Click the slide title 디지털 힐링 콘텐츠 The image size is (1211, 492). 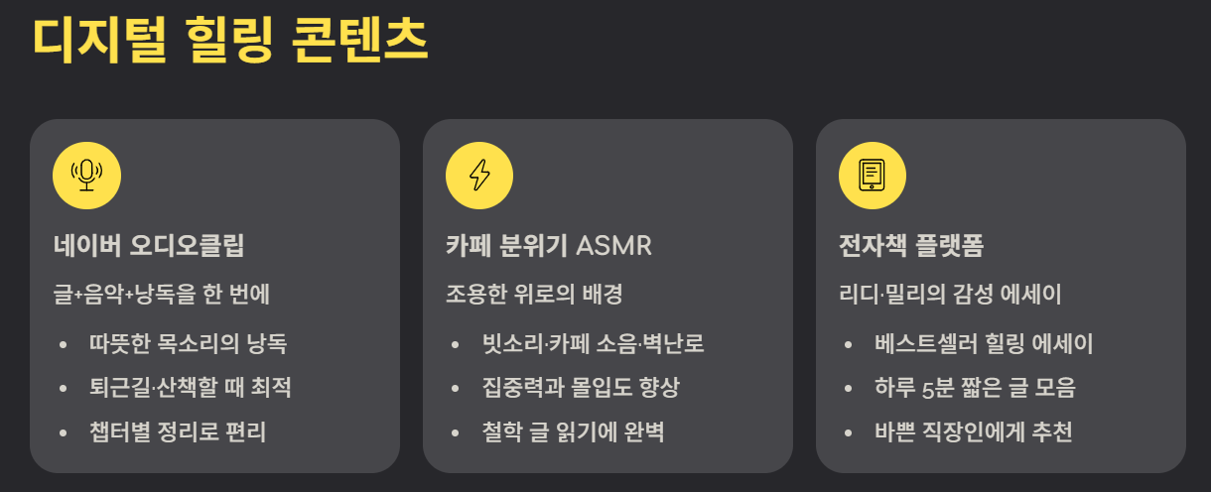point(230,40)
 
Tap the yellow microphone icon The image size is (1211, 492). point(86,176)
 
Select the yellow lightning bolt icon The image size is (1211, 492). point(479,176)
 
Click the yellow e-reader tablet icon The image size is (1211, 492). point(873,176)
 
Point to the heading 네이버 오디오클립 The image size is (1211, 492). point(149,246)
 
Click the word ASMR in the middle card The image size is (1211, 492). point(613,246)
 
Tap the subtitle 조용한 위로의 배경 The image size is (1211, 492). point(534,295)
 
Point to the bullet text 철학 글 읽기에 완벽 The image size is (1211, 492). point(573,431)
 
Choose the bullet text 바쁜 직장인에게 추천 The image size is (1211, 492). point(974,431)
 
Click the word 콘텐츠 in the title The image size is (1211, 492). point(360,40)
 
